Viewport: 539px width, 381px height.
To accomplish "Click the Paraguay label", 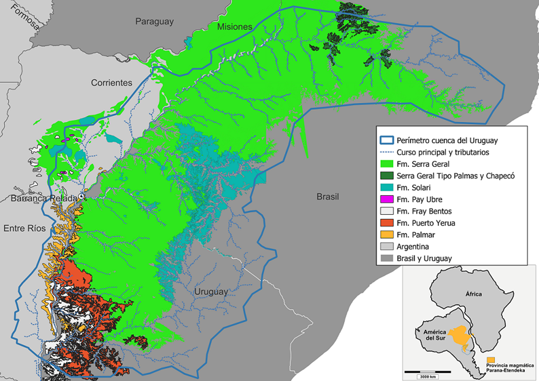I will tap(155, 21).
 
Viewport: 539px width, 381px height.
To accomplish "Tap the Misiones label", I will tap(234, 27).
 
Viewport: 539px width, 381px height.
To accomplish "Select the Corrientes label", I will tap(112, 82).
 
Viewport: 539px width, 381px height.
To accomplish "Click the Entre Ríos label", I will tap(21, 228).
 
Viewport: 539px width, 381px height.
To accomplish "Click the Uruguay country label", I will tap(211, 292).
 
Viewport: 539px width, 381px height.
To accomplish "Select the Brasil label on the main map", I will tap(327, 197).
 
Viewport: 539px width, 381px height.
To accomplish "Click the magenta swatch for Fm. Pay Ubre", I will tap(386, 199).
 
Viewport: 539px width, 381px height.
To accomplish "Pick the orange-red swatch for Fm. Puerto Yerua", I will tap(386, 223).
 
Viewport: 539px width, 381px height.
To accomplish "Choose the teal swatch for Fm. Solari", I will tap(386, 188).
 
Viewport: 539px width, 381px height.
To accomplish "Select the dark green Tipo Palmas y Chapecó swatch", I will tap(386, 176).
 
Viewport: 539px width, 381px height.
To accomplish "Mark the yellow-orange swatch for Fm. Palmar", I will tap(386, 234).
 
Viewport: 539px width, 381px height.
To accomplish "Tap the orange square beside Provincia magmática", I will tap(491, 360).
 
